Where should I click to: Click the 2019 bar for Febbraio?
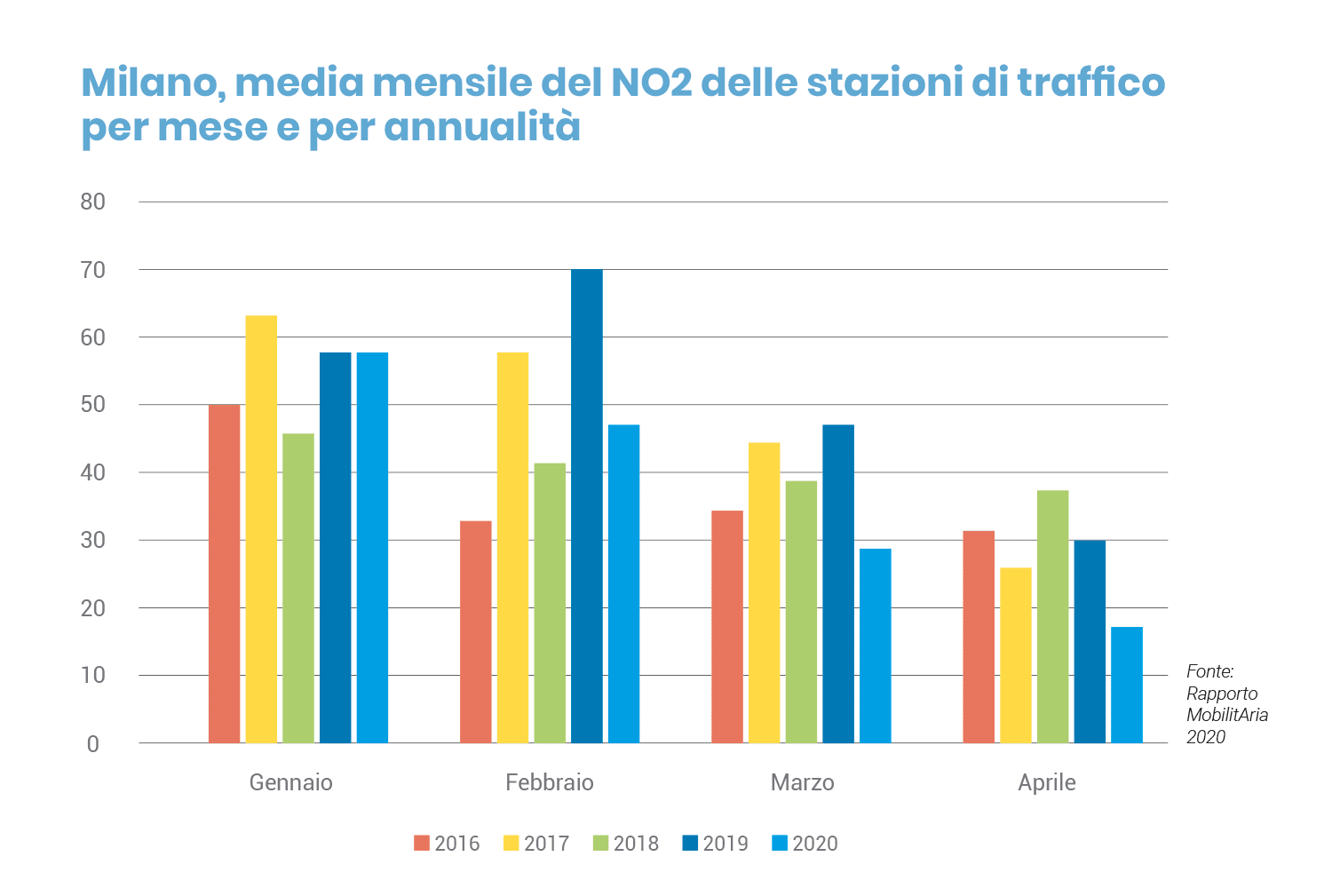coord(586,506)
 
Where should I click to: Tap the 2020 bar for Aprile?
coord(1126,685)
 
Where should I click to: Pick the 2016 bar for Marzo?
coord(727,627)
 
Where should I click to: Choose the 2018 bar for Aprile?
coord(1052,616)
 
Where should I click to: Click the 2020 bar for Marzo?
coord(875,646)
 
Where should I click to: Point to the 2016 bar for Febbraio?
coord(475,631)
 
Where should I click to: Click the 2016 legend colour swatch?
coord(422,843)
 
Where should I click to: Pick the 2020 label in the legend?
coord(815,843)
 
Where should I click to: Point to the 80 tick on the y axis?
coord(92,202)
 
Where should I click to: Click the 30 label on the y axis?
coord(92,540)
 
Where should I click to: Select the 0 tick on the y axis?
coord(93,744)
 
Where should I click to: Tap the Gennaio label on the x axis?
coord(290,782)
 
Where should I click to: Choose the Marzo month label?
coord(802,782)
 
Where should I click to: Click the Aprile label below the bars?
coord(1046,782)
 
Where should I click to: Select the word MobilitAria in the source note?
coord(1226,715)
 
